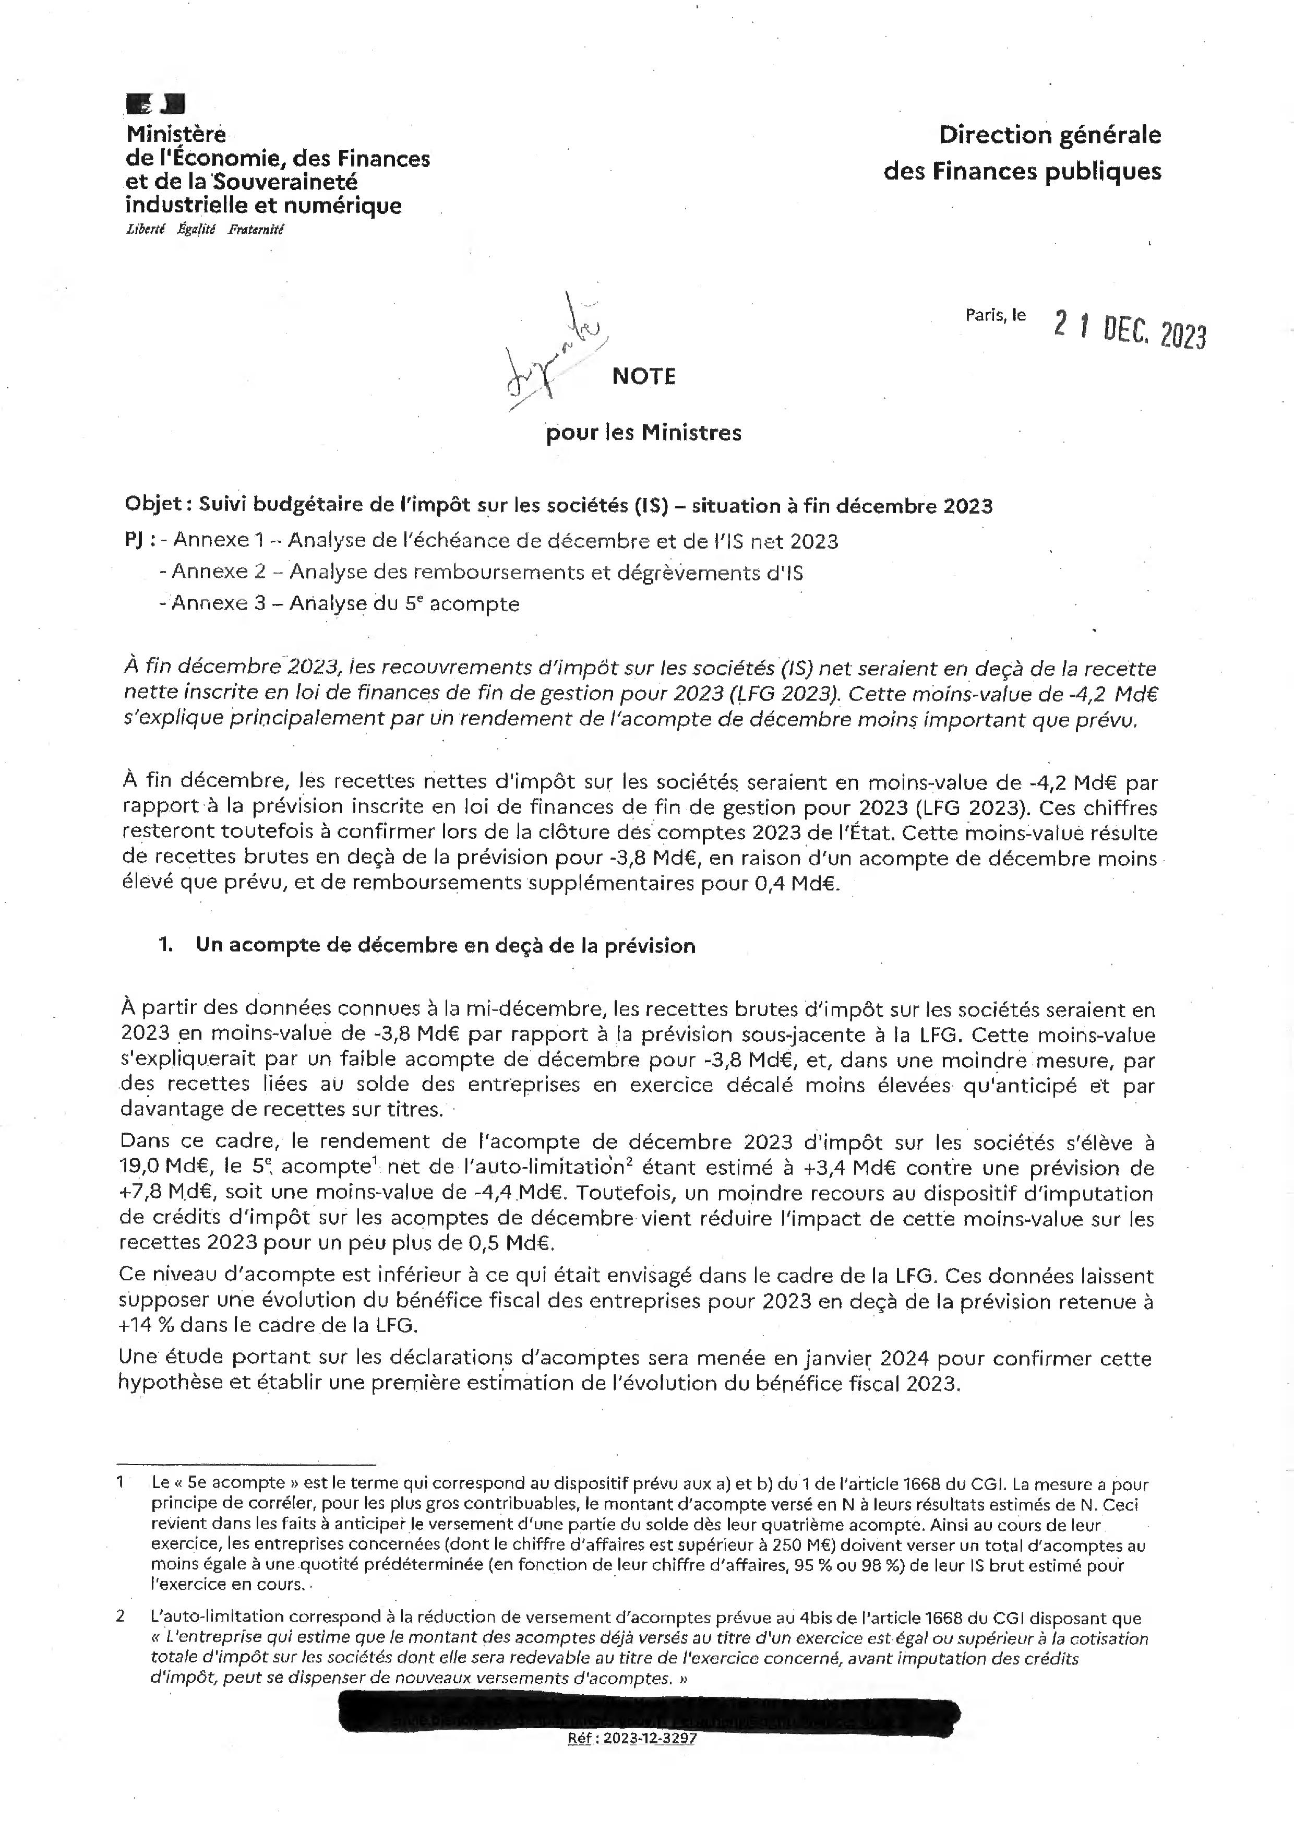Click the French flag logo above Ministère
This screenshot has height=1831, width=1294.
[x=155, y=104]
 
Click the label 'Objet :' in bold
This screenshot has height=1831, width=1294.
[x=158, y=506]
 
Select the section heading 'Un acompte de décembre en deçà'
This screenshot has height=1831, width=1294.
[x=446, y=946]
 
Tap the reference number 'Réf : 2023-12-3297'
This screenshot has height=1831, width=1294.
[x=631, y=1739]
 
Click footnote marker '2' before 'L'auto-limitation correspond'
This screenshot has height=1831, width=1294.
[x=121, y=1616]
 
